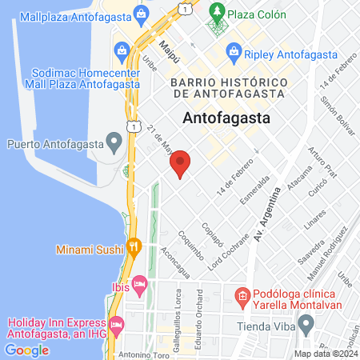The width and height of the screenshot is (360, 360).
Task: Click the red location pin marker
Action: point(181,163)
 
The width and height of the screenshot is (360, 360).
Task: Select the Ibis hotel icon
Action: point(139,284)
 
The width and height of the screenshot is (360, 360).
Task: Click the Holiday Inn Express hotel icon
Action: point(116,324)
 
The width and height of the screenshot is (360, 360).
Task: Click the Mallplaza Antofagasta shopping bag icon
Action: point(141,13)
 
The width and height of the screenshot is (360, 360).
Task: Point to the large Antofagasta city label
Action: point(227,118)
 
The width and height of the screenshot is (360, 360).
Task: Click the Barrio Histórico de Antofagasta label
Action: point(228,88)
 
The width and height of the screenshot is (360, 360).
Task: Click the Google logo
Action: point(26,350)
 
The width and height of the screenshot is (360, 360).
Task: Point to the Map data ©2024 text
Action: point(324,354)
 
